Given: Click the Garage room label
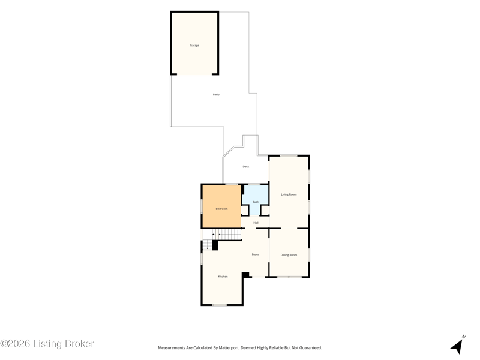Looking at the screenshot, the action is (x=194, y=46).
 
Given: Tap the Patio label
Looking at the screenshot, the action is (x=216, y=95).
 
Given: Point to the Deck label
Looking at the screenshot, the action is (x=246, y=167).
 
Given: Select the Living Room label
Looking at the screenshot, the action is (x=289, y=194).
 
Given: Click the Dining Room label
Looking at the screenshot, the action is (x=289, y=255).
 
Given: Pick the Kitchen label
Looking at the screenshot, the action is (x=223, y=277).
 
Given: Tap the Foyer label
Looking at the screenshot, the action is (x=256, y=254).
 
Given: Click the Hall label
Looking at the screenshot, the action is (x=256, y=223).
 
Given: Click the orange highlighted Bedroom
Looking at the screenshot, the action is (x=221, y=206).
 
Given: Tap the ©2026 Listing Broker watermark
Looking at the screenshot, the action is (x=47, y=343).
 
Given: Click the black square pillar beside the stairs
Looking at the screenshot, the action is (x=215, y=245).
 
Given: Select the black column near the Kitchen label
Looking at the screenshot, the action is (x=245, y=275).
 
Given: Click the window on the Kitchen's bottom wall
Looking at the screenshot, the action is (x=220, y=305).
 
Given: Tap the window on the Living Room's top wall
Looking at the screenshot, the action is (x=289, y=156).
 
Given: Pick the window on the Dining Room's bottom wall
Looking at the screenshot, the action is (x=289, y=277).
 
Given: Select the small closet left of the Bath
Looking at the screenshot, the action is (x=244, y=211).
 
